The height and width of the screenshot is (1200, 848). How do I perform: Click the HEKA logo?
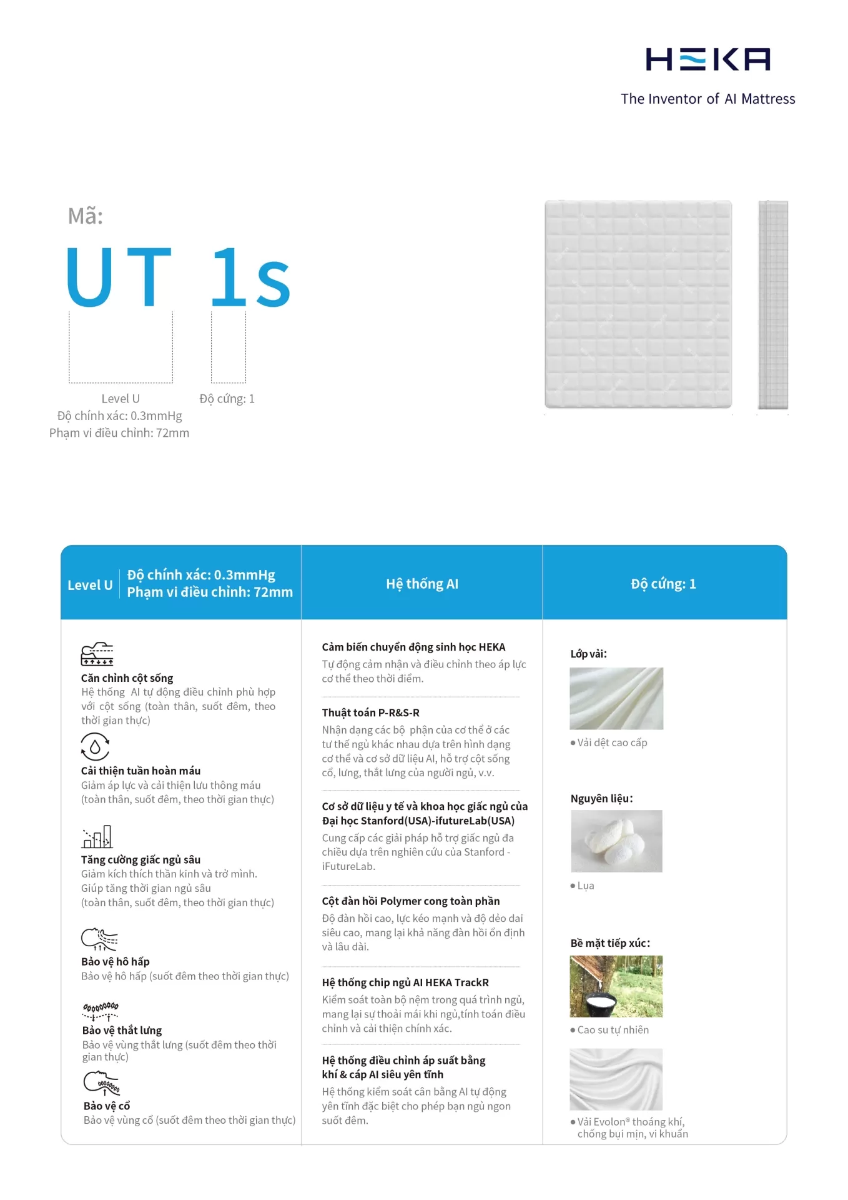coord(707,59)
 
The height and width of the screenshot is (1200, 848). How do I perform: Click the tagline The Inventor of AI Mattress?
coord(707,99)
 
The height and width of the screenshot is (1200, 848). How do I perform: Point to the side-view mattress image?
coord(773,305)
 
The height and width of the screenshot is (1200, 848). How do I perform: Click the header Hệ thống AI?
coord(422,584)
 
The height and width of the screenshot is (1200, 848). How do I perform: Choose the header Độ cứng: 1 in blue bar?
coord(663,584)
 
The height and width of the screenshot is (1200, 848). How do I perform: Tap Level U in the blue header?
coord(90,585)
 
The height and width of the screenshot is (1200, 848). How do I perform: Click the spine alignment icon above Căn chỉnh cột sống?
coord(97,654)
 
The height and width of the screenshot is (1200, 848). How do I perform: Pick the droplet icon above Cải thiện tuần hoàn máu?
coord(95,746)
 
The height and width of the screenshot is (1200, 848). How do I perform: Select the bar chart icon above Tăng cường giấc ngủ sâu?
coord(97,837)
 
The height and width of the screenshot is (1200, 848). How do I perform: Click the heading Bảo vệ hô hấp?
coord(116,961)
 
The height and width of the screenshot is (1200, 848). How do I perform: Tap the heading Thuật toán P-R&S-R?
coord(371,712)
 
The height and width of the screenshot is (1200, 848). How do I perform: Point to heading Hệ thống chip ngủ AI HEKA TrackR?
coord(405,982)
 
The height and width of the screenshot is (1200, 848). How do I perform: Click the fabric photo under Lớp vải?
coord(616,698)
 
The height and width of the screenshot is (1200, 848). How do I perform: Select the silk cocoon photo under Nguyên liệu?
coord(616,841)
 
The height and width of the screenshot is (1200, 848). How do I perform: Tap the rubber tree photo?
coord(616,986)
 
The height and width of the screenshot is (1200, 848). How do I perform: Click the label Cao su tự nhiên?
coord(613,1030)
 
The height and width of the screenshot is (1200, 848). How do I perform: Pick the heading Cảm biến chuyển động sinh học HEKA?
coord(413,647)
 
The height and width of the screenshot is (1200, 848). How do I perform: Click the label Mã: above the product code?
coord(86,216)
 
